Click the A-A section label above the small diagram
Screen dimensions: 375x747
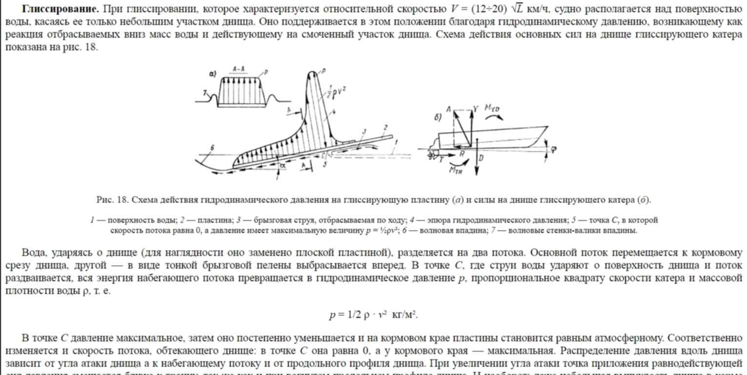click(x=239, y=69)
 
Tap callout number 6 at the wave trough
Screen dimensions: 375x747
click(x=212, y=148)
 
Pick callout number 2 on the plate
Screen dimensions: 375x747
click(x=385, y=127)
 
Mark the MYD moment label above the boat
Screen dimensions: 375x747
click(x=492, y=108)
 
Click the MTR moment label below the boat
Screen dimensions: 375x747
click(x=456, y=170)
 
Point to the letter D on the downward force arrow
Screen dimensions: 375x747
click(x=481, y=158)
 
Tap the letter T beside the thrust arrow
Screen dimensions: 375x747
click(x=442, y=159)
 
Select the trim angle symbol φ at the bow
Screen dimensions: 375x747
click(x=553, y=149)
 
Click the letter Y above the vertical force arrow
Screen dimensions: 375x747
click(x=476, y=109)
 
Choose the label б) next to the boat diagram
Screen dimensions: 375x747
click(x=438, y=118)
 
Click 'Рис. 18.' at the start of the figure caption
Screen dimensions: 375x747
click(x=112, y=200)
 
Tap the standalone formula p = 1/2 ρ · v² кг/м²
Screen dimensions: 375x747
click(x=373, y=315)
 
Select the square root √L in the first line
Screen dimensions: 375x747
click(x=517, y=9)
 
